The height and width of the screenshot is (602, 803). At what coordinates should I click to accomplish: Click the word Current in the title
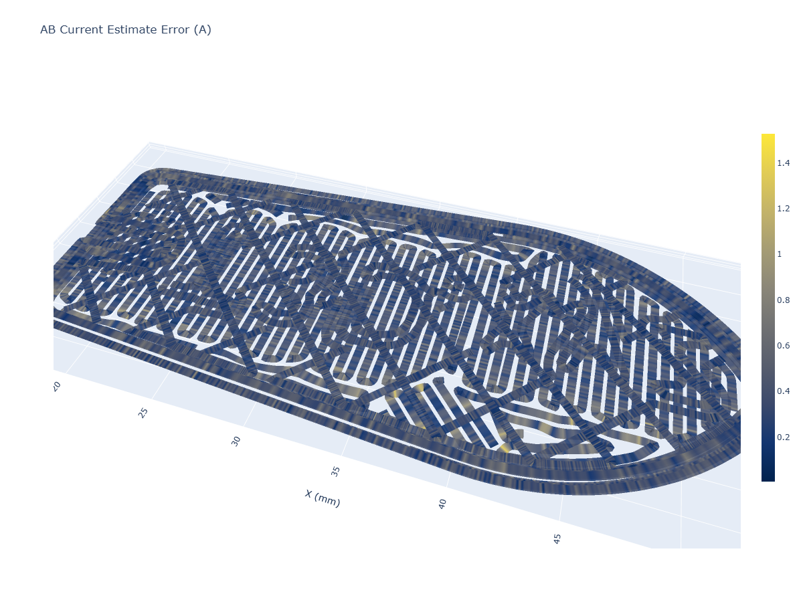point(81,29)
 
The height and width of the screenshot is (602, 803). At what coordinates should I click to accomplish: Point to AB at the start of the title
point(48,29)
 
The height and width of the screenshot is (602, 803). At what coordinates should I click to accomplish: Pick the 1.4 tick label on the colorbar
point(783,163)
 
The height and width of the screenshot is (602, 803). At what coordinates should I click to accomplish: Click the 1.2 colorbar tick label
point(783,209)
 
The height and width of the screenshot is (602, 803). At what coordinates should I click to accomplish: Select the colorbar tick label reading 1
point(779,254)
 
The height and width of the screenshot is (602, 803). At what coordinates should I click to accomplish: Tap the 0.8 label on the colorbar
point(783,300)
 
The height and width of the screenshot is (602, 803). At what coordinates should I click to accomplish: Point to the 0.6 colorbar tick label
point(783,346)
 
